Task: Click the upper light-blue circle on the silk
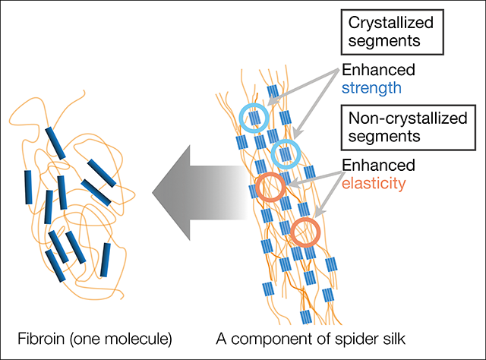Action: tap(254, 116)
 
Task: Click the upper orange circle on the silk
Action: tap(270, 187)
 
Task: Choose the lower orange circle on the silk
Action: tap(305, 232)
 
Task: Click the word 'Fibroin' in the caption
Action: tap(40, 336)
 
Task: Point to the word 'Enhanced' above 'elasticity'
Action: tap(378, 165)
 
